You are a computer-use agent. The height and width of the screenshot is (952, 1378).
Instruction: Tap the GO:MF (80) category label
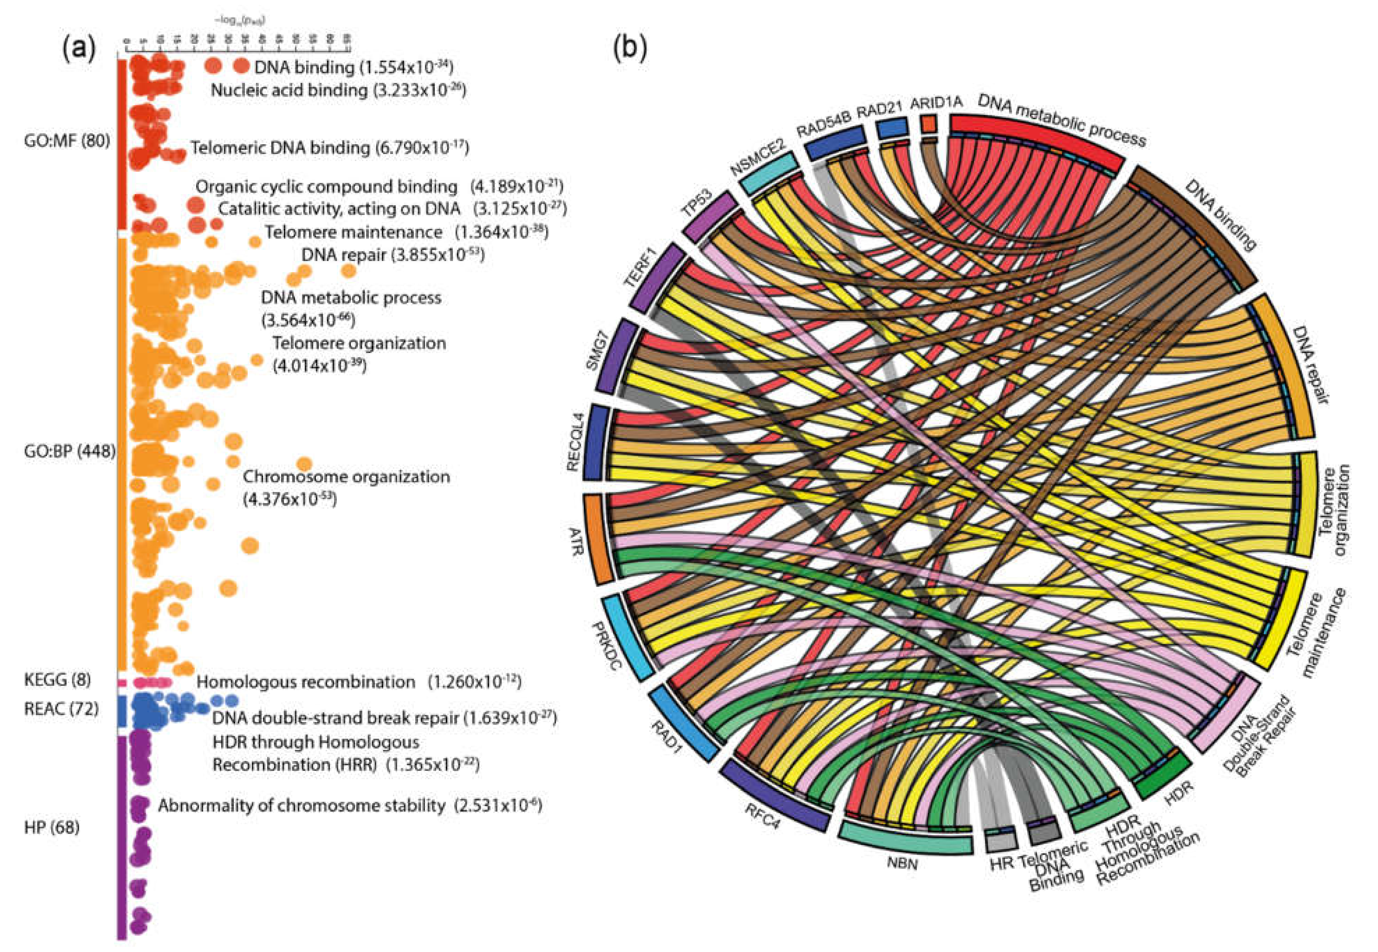(67, 141)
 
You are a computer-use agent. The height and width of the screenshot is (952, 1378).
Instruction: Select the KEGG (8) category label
(57, 680)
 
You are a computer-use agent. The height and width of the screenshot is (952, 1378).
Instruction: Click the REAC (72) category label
(61, 709)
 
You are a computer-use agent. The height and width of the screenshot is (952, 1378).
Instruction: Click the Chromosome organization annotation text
(346, 477)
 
